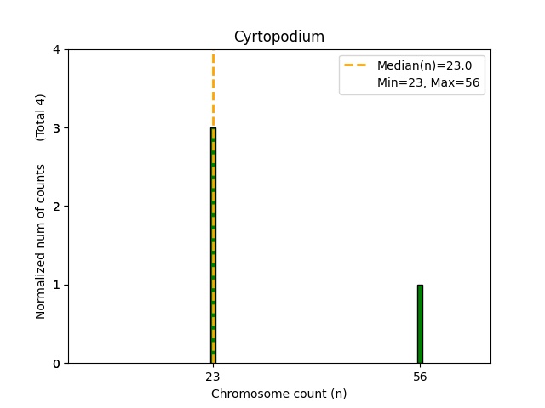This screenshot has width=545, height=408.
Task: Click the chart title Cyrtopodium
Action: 278,37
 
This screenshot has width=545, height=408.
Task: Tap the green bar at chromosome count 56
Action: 420,324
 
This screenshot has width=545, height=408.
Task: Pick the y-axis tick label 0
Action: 56,364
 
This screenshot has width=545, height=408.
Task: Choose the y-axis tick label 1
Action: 56,285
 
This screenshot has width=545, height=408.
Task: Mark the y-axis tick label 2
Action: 56,207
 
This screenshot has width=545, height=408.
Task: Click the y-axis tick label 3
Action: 56,128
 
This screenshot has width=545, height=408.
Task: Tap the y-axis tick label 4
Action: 56,49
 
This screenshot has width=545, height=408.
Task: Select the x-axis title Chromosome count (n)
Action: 278,394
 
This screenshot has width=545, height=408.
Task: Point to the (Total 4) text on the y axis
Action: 41,116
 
